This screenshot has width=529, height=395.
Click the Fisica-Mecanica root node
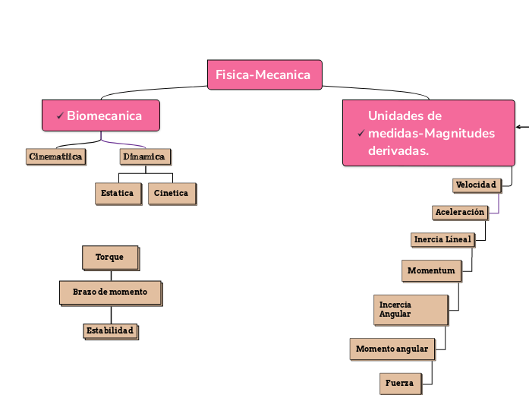[264, 74]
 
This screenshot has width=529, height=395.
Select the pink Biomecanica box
[101, 115]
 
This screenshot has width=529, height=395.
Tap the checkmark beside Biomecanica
[60, 116]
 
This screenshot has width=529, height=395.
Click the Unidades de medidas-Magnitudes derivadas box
[428, 133]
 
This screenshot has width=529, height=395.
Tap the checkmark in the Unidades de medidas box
[361, 134]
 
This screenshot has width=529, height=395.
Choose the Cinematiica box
[55, 156]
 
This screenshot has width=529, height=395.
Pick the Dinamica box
[144, 156]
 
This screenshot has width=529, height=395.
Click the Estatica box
[118, 193]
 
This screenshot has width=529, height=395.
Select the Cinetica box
[171, 193]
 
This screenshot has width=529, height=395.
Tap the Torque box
[110, 257]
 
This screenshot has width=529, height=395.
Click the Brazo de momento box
[110, 292]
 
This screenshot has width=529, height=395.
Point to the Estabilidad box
[110, 330]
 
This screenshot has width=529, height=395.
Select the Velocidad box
[476, 185]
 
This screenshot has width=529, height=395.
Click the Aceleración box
[460, 212]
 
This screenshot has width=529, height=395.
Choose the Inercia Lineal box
[442, 239]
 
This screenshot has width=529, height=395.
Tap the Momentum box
[430, 270]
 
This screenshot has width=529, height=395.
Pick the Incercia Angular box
[411, 309]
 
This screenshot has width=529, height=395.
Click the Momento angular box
[392, 349]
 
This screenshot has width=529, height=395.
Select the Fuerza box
[399, 383]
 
